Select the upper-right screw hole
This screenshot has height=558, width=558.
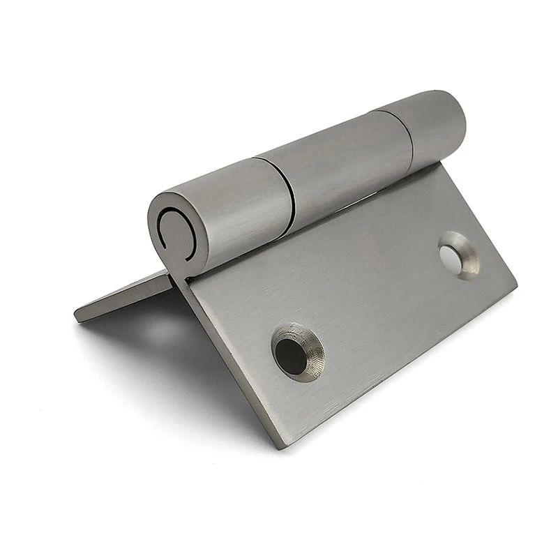point(458,255)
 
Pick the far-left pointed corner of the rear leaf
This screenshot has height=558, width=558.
point(77,315)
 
